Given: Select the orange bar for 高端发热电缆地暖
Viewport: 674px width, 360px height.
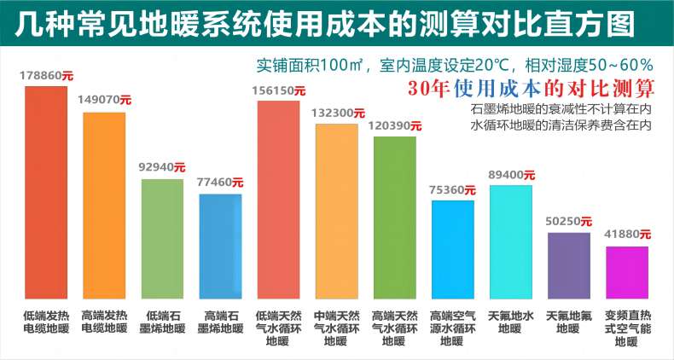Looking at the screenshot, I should [x=104, y=205].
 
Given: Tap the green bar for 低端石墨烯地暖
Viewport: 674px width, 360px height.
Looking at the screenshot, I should [x=162, y=238].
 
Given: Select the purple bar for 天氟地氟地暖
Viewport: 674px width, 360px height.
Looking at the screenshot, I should [x=568, y=264].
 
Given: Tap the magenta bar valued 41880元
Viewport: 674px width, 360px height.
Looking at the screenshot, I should [x=627, y=272].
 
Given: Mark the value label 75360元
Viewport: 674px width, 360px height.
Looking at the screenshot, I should [x=453, y=189].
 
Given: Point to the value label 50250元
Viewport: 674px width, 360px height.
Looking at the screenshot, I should [x=569, y=221].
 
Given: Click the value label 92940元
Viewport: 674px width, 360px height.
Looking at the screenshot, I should [x=162, y=167].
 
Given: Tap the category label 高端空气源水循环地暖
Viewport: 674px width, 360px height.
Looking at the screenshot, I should [x=452, y=328].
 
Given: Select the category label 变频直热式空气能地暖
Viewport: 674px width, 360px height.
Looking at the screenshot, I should [x=627, y=328].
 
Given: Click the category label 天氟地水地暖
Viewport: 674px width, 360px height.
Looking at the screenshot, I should [x=510, y=321].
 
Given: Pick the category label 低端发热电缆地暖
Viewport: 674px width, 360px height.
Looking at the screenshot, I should [x=45, y=321].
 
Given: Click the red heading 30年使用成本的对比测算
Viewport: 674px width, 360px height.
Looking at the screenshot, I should [x=531, y=87].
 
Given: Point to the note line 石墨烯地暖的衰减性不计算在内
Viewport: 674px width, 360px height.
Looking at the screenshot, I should [x=561, y=109].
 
